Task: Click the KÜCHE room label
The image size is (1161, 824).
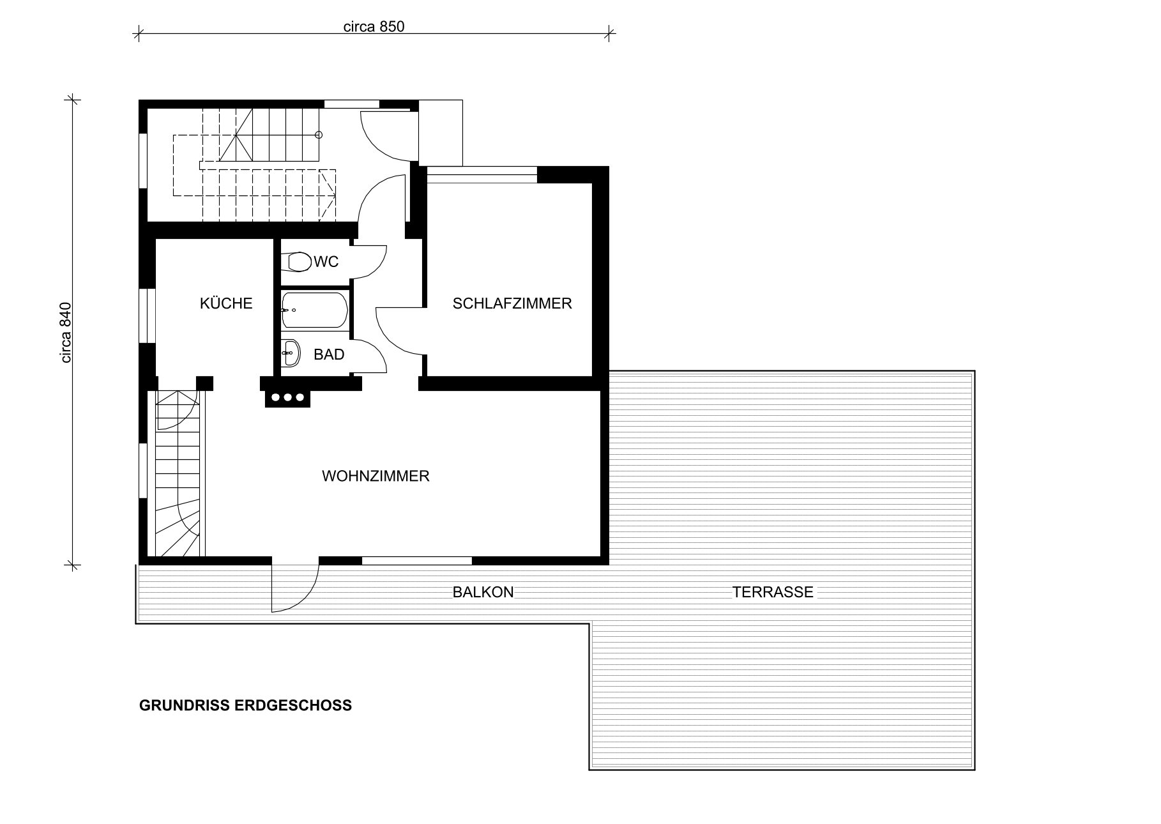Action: click(226, 303)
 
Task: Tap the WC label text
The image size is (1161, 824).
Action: click(326, 262)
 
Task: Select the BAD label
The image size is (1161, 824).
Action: click(329, 355)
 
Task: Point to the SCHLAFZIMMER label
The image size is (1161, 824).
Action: click(512, 303)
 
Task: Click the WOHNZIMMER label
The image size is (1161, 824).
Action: click(376, 476)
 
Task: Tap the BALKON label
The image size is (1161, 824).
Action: click(483, 592)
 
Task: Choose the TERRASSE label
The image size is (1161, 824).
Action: click(773, 592)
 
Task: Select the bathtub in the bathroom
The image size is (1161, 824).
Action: click(315, 310)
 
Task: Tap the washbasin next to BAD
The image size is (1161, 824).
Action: click(291, 353)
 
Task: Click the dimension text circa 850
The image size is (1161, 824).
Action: click(374, 26)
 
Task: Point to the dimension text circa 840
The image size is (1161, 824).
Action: click(66, 333)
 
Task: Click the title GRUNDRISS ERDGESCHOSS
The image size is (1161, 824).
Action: click(245, 706)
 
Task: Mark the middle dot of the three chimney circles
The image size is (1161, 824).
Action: click(287, 398)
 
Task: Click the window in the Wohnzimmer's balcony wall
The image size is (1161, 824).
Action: click(417, 561)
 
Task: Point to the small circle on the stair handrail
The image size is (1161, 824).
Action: click(319, 135)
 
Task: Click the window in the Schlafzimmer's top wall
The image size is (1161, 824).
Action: click(482, 171)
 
